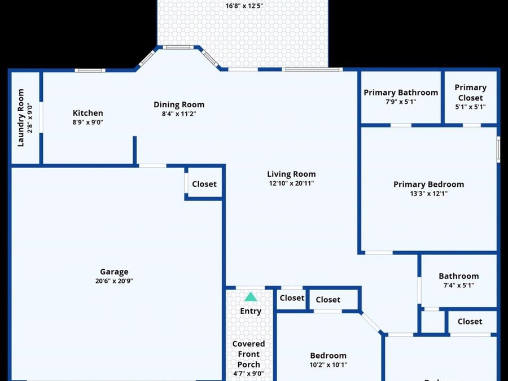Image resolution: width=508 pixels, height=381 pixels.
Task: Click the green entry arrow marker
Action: coord(251,297)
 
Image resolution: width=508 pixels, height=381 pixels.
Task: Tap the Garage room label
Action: coord(114,271)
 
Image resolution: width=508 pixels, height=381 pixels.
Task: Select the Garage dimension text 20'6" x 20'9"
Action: coord(114,281)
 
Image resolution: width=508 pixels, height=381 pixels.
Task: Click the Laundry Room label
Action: coord(21,117)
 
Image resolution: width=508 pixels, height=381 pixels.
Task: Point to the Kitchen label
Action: coord(88,113)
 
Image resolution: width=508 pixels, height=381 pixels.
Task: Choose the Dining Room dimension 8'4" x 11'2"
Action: coord(179,113)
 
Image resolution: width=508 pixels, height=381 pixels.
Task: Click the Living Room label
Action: coord(291,174)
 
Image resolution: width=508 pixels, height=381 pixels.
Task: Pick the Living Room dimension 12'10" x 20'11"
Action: coord(291,183)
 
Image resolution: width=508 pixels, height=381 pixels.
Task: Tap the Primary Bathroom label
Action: coord(401,93)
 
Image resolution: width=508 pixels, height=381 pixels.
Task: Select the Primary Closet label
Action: coord(470,93)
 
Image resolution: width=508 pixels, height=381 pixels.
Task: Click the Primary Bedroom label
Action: coord(428,184)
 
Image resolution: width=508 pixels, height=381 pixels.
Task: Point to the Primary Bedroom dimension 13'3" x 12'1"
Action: coord(428,194)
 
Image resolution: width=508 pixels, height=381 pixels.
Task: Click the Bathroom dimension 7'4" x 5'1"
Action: coord(458,285)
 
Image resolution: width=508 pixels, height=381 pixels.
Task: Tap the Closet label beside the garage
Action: coord(204,183)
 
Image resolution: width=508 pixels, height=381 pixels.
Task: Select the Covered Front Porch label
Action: coord(248,354)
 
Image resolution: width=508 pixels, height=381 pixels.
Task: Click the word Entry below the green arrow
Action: coord(251,311)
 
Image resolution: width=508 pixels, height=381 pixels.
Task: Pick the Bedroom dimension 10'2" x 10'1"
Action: coord(328,365)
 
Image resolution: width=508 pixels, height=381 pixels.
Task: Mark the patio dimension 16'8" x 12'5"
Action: coord(244,6)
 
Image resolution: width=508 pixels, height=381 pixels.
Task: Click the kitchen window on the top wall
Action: coord(90,71)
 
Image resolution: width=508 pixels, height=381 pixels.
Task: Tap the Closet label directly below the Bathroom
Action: coord(470,321)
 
